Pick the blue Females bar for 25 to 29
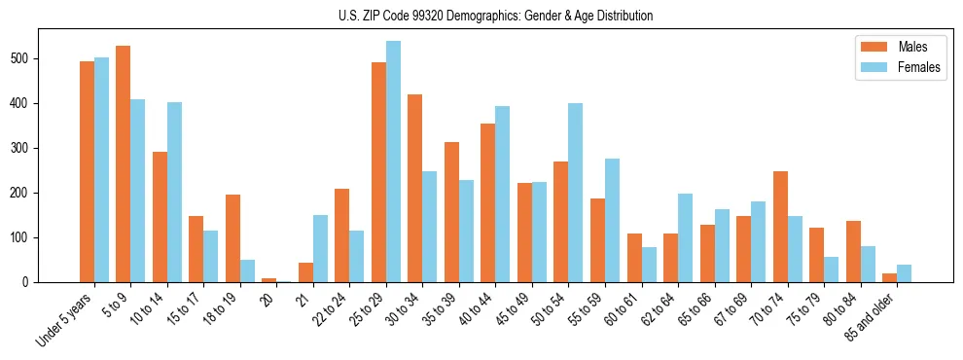(x=393, y=162)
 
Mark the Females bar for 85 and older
(x=904, y=273)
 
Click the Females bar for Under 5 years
(x=101, y=169)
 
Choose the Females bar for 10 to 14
(x=174, y=192)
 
